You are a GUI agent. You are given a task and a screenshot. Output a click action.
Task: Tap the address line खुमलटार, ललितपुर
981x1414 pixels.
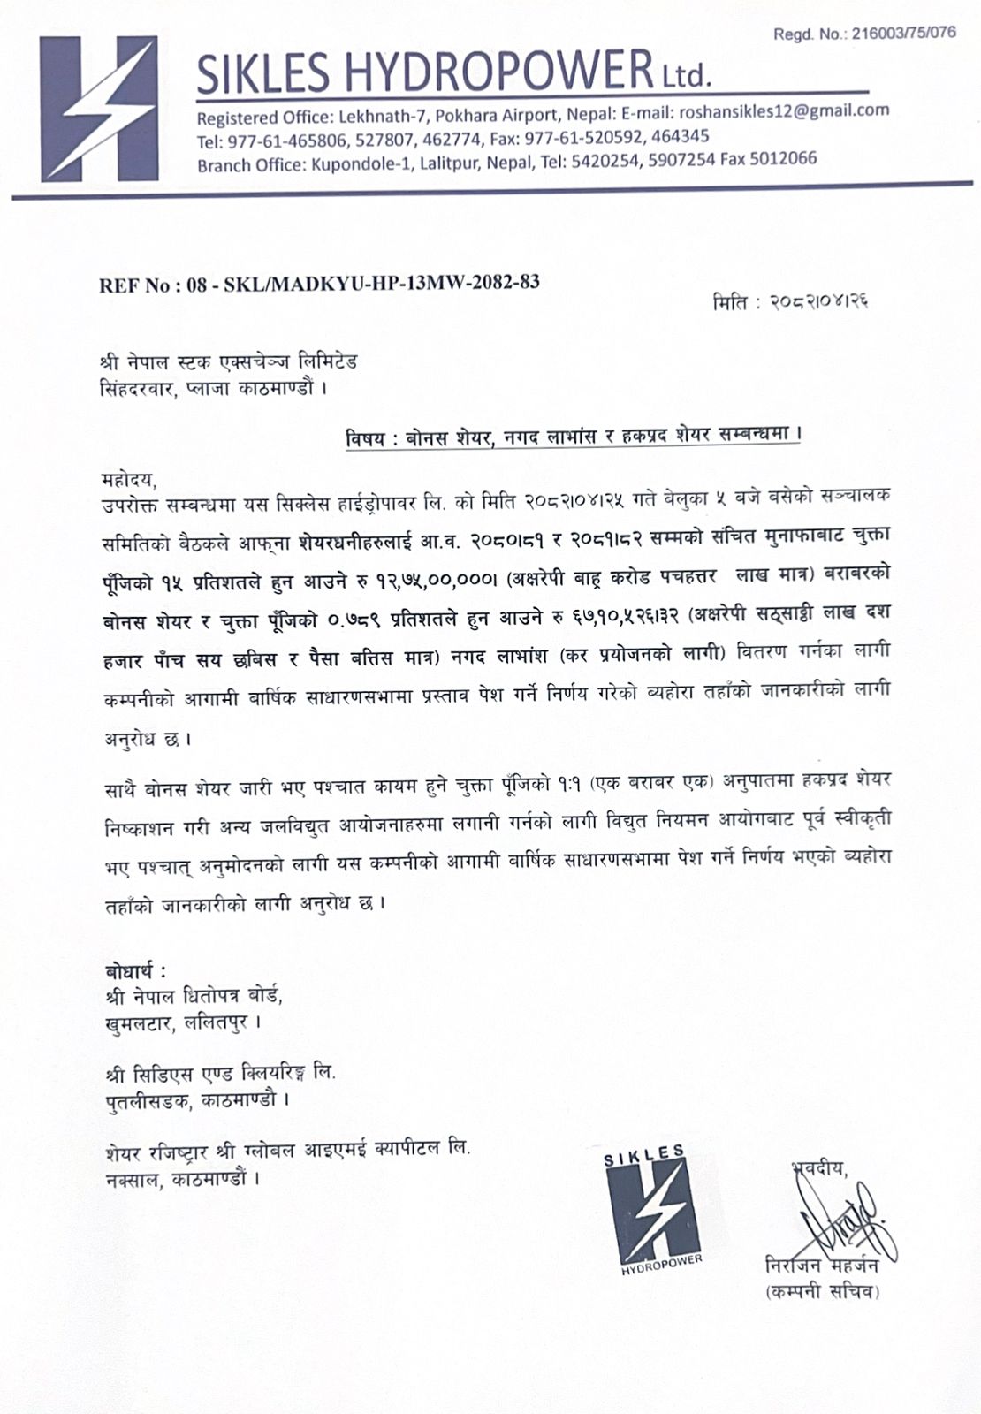click(181, 1022)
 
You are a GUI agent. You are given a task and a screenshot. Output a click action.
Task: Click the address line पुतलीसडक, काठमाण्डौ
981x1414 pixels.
click(194, 1100)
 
